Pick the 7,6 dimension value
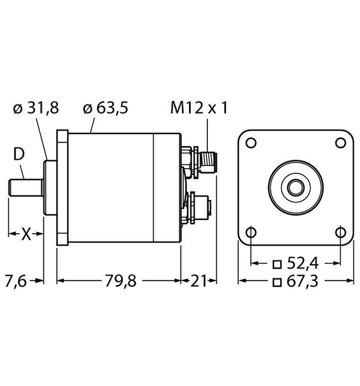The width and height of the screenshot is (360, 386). click(x=17, y=281)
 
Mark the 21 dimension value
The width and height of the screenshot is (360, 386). click(x=199, y=281)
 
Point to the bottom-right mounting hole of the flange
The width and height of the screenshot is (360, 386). click(x=339, y=231)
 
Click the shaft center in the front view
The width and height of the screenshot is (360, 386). click(x=296, y=186)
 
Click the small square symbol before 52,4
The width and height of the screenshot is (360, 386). click(x=277, y=264)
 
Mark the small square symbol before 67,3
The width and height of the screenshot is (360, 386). click(x=277, y=282)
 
